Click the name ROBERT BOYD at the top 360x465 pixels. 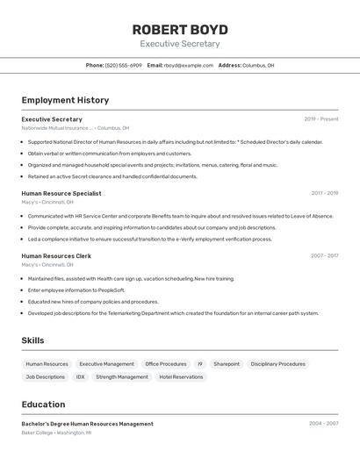coord(180,29)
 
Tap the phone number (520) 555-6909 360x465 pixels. coord(124,65)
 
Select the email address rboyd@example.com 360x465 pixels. coord(189,65)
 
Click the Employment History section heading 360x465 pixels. coord(65,100)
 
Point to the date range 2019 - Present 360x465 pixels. coord(321,118)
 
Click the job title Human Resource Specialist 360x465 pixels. coord(61,193)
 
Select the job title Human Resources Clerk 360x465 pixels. coord(56,256)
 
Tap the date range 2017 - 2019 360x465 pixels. coord(324,193)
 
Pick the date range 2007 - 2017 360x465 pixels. coord(324,256)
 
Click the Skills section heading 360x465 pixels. coord(33,340)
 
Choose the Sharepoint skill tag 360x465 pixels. coord(227,363)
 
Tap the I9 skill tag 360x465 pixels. coord(199,363)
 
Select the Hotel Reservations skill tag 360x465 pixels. coord(181,377)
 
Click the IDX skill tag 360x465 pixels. coord(80,377)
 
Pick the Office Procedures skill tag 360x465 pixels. coord(166,363)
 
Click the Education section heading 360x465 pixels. coord(43,404)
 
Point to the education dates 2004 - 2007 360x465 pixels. coord(323,424)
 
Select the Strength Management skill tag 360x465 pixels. coord(122,377)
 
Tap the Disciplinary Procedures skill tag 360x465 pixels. coord(277,363)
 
